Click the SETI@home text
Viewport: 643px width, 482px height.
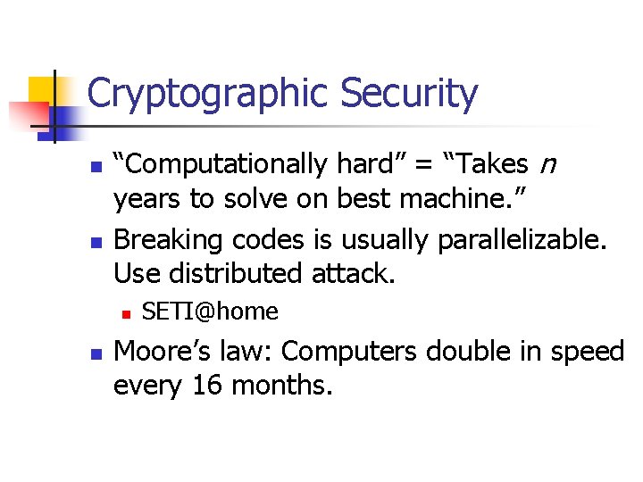[210, 312]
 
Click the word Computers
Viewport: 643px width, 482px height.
[349, 352]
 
